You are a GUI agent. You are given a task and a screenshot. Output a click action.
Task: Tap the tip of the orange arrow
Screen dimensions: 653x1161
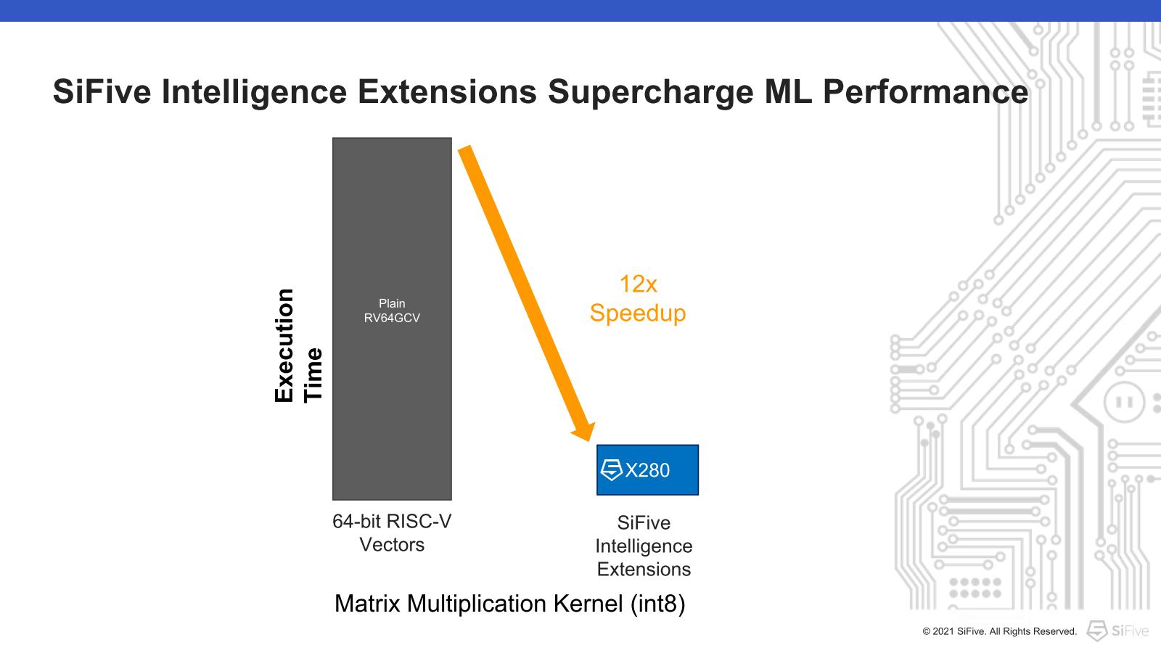tap(585, 438)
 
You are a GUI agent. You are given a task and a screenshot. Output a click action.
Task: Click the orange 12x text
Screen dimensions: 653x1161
tap(638, 284)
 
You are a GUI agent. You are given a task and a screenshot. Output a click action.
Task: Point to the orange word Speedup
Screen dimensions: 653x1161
tap(638, 313)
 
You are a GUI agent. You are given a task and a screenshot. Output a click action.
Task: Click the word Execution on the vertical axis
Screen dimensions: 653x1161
tap(284, 345)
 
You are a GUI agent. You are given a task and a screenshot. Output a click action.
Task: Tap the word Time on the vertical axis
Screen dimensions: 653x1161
tap(313, 374)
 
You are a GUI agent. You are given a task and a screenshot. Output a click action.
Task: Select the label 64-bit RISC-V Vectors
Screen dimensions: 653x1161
tap(392, 533)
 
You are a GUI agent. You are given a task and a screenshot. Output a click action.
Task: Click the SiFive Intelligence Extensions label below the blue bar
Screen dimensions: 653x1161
tap(644, 546)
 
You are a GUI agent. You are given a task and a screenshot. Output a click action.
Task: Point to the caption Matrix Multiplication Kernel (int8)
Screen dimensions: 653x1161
tap(509, 604)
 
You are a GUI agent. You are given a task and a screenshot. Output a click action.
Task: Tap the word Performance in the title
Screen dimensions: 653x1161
tap(926, 92)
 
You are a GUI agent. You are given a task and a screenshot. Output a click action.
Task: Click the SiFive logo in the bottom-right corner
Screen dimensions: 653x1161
tap(1117, 631)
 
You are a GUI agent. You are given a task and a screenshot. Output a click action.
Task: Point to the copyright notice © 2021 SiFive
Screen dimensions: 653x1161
tap(999, 631)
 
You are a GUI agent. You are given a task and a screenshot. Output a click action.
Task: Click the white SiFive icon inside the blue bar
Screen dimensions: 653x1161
tap(612, 470)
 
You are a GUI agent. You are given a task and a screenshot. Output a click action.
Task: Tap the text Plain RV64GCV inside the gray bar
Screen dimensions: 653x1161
tap(392, 311)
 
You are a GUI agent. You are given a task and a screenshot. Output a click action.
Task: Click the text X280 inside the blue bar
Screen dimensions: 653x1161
tap(647, 471)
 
